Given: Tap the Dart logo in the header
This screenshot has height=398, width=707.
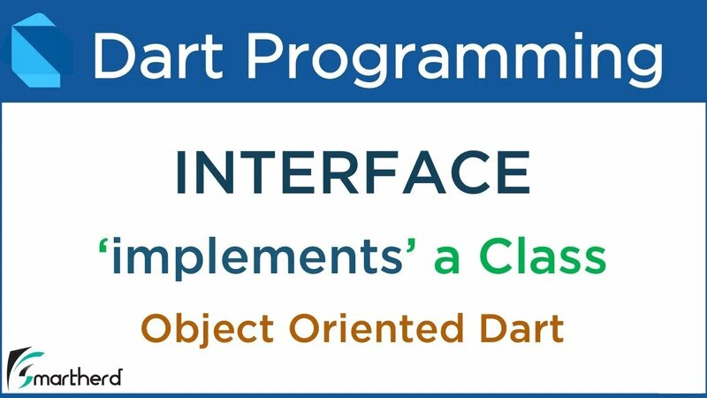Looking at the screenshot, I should click(x=40, y=52).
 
